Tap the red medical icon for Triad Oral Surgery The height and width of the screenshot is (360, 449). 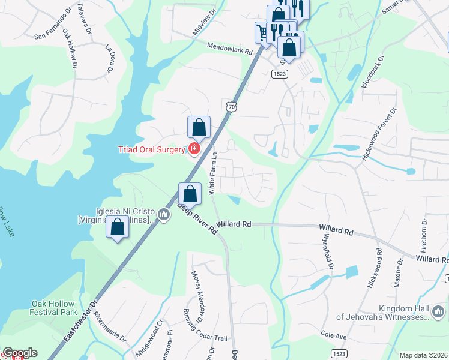coord(194,148)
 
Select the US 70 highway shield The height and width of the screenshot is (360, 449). coord(232,106)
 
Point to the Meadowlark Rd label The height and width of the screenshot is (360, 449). coord(230,49)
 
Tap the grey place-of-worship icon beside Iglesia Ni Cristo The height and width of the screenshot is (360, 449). coord(164,214)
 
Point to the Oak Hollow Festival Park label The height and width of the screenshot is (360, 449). coord(54,308)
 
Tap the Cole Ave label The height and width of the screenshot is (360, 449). coord(334,336)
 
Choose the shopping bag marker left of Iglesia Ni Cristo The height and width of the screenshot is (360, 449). coord(117,228)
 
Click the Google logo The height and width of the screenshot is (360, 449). coord(20,353)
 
